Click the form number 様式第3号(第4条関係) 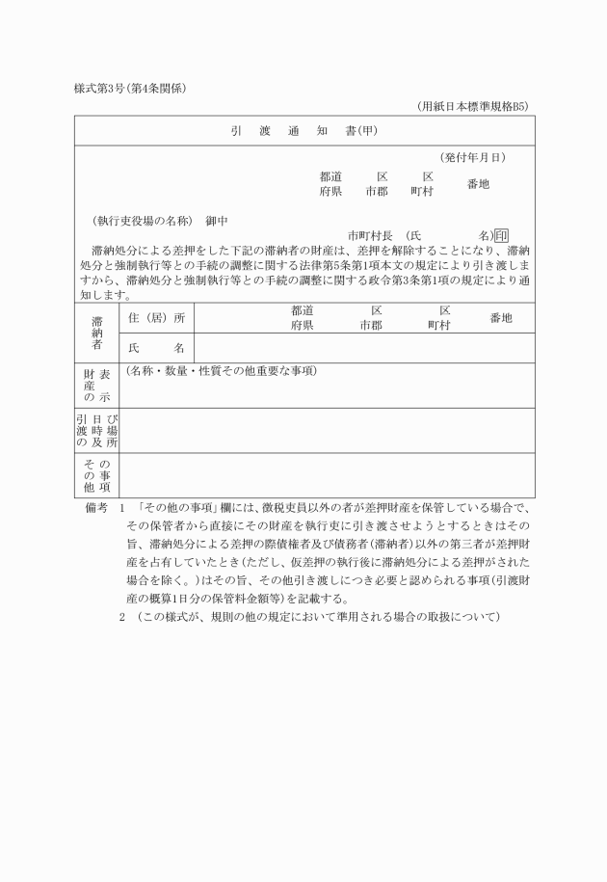130,89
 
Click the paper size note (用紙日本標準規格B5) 473,106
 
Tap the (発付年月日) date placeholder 473,157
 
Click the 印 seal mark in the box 501,234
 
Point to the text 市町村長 371,234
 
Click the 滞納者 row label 97,333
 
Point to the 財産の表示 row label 97,386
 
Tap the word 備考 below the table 94,507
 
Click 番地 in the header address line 478,183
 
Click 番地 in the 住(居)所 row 500,318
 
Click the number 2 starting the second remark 122,617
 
